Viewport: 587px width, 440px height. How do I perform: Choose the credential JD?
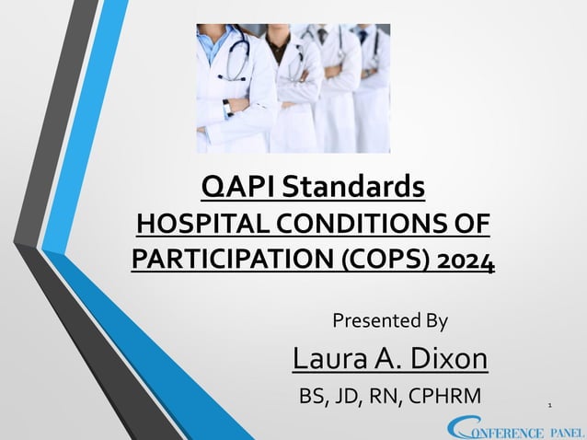tap(350, 398)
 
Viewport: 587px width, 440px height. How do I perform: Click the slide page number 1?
tap(549, 403)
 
